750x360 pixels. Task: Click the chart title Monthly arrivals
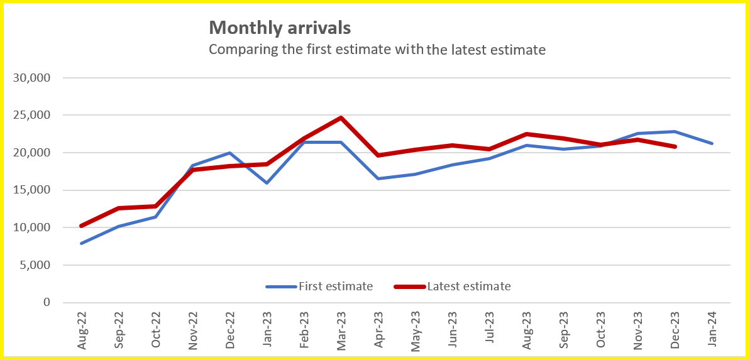pyautogui.click(x=280, y=28)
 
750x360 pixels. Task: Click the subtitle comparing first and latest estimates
pyautogui.click(x=377, y=49)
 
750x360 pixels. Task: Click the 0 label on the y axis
pyautogui.click(x=45, y=302)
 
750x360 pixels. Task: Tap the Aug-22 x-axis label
pyautogui.click(x=82, y=329)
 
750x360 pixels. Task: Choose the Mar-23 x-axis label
pyautogui.click(x=341, y=329)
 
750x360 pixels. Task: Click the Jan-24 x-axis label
pyautogui.click(x=712, y=329)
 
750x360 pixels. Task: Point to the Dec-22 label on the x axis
pyautogui.click(x=230, y=329)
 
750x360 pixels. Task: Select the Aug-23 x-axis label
pyautogui.click(x=527, y=329)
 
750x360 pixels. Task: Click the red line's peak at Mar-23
pyautogui.click(x=341, y=117)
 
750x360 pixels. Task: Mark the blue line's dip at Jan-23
pyautogui.click(x=267, y=183)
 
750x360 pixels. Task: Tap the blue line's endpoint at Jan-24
pyautogui.click(x=712, y=143)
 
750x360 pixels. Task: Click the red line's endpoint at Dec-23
pyautogui.click(x=675, y=146)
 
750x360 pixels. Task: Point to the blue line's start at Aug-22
pyautogui.click(x=82, y=243)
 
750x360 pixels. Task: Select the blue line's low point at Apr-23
pyautogui.click(x=378, y=178)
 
